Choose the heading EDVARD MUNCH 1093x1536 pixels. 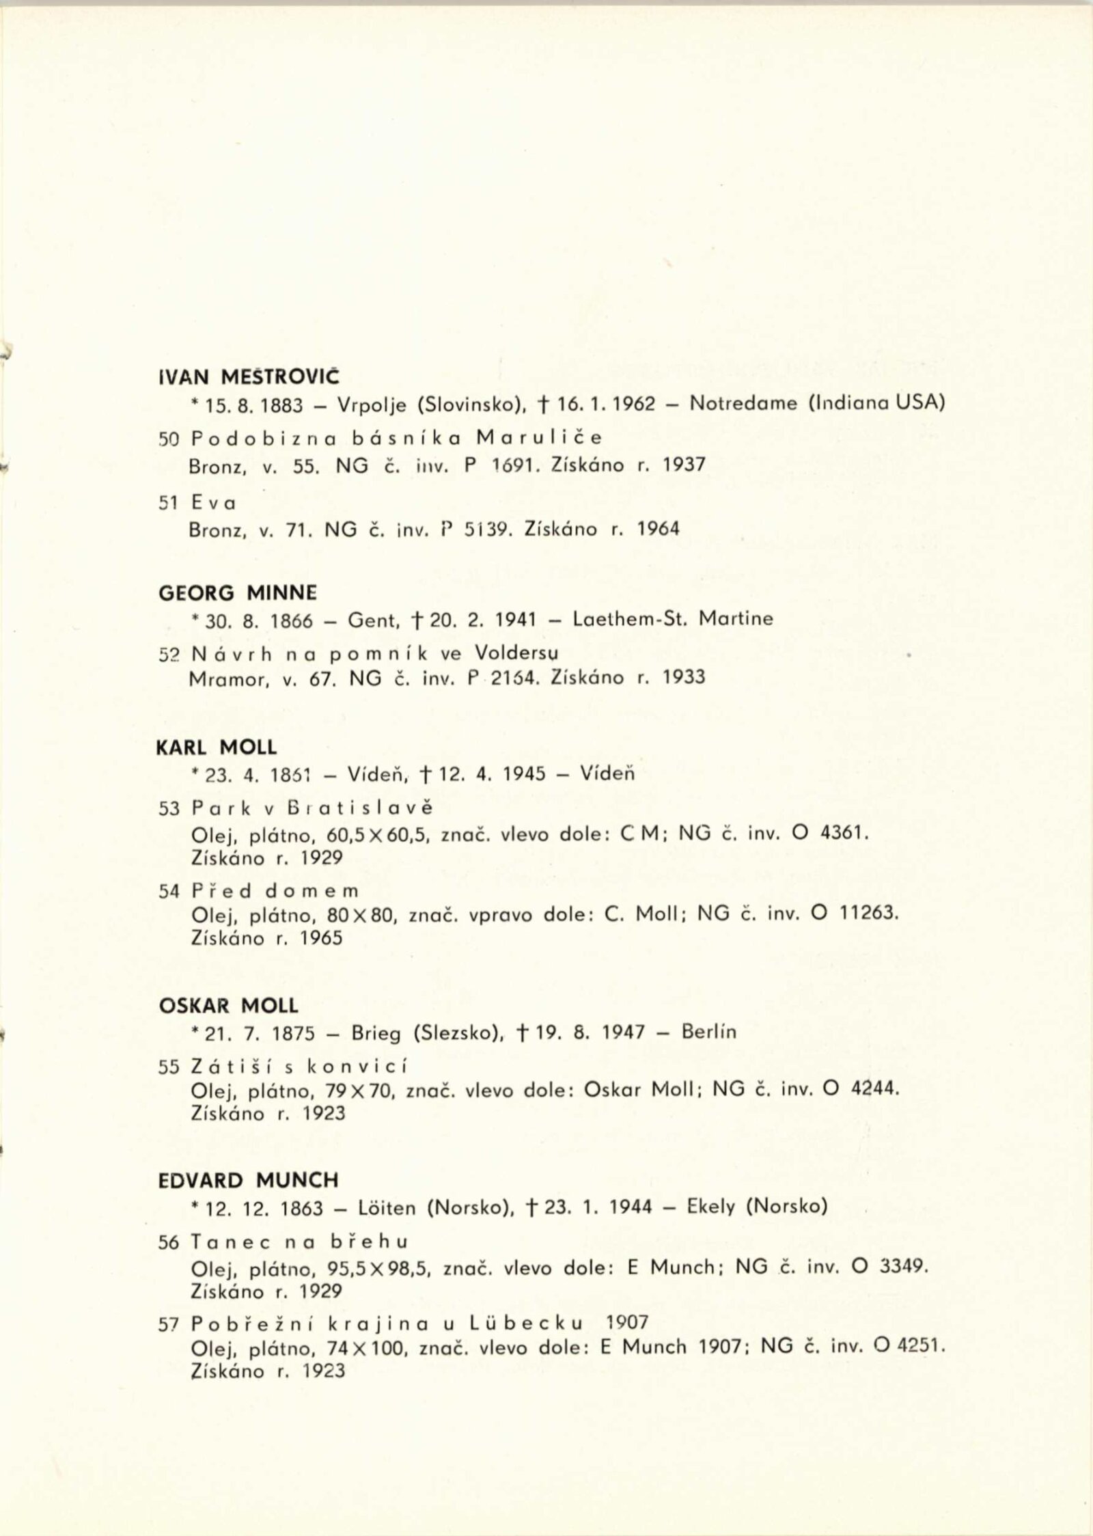click(x=249, y=1180)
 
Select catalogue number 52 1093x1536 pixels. click(x=168, y=654)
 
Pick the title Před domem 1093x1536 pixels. click(x=275, y=891)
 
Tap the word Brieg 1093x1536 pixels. click(x=376, y=1033)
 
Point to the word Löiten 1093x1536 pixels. click(x=387, y=1208)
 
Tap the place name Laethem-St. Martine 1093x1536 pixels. click(x=673, y=619)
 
